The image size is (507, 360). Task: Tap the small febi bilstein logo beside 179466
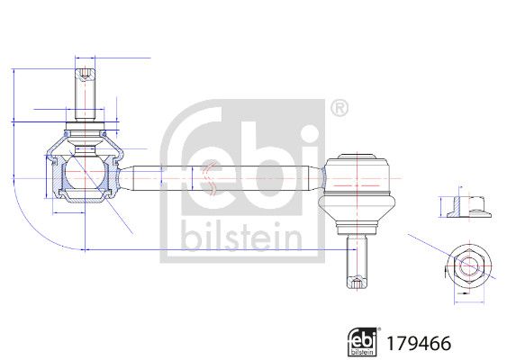coord(363,340)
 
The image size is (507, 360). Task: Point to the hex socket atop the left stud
coord(85,71)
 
